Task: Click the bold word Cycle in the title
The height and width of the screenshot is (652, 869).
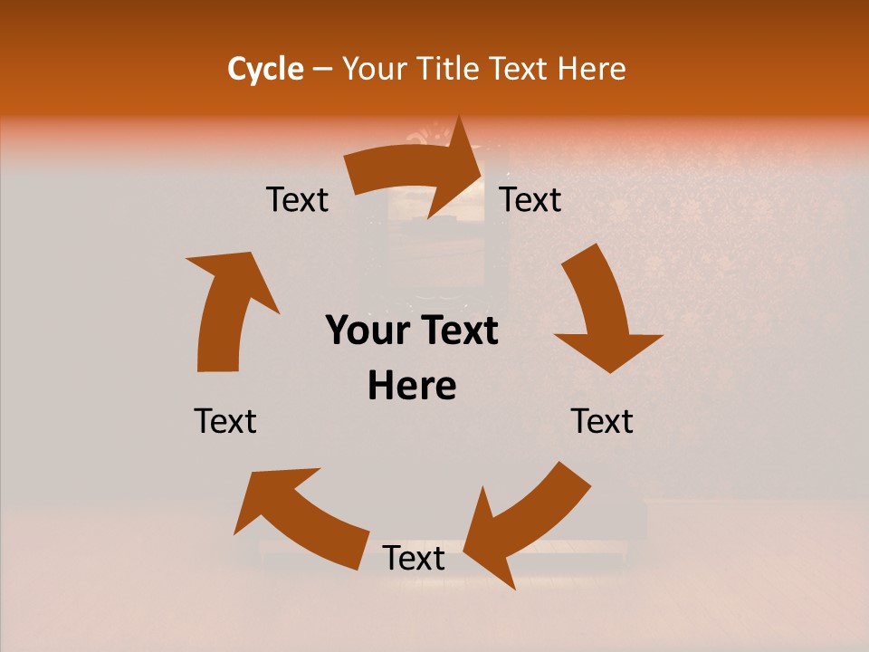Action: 265,69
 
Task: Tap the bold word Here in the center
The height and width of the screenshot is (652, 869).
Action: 412,387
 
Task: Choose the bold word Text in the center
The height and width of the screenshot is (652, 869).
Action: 458,331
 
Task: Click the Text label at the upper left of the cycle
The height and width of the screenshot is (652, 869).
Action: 297,200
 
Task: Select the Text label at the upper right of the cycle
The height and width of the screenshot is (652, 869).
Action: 530,200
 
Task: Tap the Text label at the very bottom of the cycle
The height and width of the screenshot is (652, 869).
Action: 414,559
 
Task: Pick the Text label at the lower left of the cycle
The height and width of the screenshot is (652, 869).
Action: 225,421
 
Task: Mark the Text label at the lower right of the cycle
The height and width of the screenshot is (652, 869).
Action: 602,421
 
